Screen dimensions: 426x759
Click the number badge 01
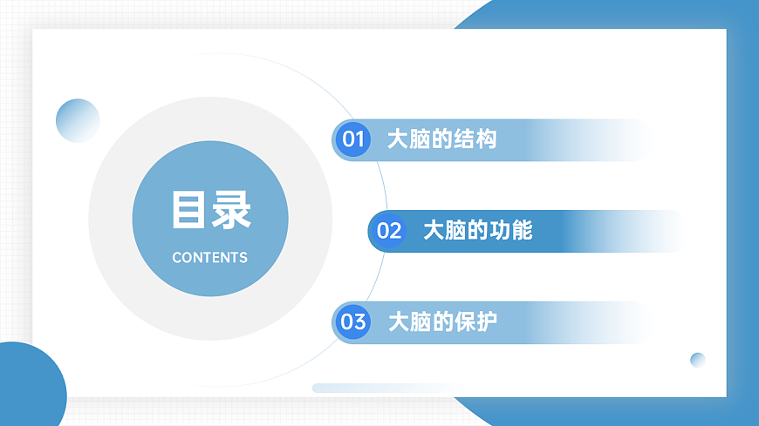pyautogui.click(x=352, y=139)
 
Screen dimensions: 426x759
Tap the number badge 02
pyautogui.click(x=389, y=231)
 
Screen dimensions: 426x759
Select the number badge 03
pyautogui.click(x=353, y=322)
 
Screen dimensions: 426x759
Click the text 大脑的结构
pyautogui.click(x=441, y=139)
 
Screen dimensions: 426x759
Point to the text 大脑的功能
pyautogui.click(x=477, y=231)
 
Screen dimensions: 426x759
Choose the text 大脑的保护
pyautogui.click(x=442, y=322)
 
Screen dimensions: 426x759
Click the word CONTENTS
pyautogui.click(x=209, y=258)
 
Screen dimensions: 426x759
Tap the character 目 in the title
pyautogui.click(x=188, y=211)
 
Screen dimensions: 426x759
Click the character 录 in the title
pyautogui.click(x=231, y=211)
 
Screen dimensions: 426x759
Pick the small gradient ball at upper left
pyautogui.click(x=78, y=120)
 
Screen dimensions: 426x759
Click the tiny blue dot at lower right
pyautogui.click(x=697, y=360)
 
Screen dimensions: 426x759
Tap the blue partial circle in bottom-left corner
pyautogui.click(x=26, y=388)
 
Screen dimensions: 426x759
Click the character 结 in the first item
pyautogui.click(x=465, y=139)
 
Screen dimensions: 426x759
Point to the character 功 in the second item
pyautogui.click(x=500, y=231)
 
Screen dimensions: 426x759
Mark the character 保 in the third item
pyautogui.click(x=465, y=322)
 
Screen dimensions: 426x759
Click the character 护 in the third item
pyautogui.click(x=487, y=322)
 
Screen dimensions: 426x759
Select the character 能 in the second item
pyautogui.click(x=522, y=231)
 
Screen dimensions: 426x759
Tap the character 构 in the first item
pyautogui.click(x=487, y=139)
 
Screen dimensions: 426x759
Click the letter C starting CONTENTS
pyautogui.click(x=177, y=258)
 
